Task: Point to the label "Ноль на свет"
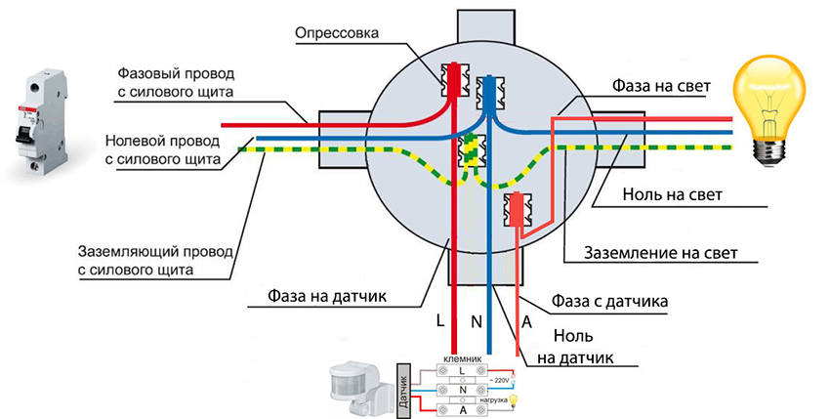672,194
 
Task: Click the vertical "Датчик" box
402,389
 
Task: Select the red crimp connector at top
453,79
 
